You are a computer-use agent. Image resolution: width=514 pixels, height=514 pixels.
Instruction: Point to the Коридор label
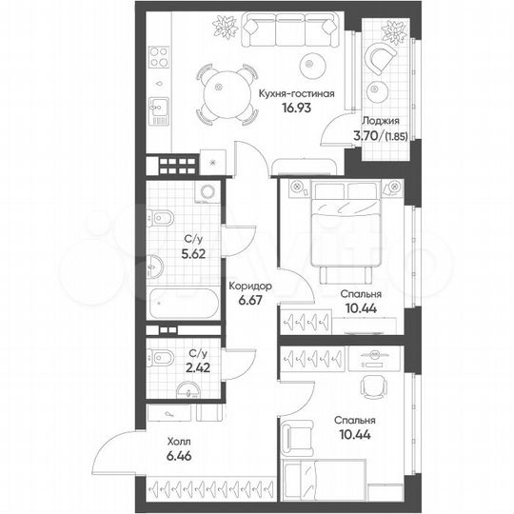[x=252, y=285]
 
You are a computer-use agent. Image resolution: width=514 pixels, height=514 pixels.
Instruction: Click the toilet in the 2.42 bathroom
[x=161, y=359]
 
